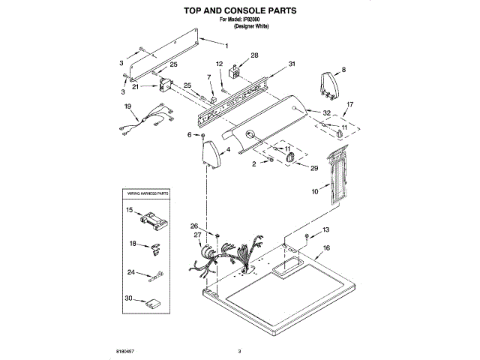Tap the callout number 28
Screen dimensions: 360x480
(x=254, y=55)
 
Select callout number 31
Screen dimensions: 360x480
(x=292, y=64)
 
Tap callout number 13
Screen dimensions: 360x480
(x=325, y=229)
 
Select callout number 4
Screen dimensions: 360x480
(x=228, y=150)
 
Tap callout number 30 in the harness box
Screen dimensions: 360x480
(x=129, y=298)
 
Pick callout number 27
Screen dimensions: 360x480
(x=197, y=235)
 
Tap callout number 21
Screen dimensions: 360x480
(x=136, y=87)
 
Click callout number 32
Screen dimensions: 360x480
(x=327, y=113)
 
